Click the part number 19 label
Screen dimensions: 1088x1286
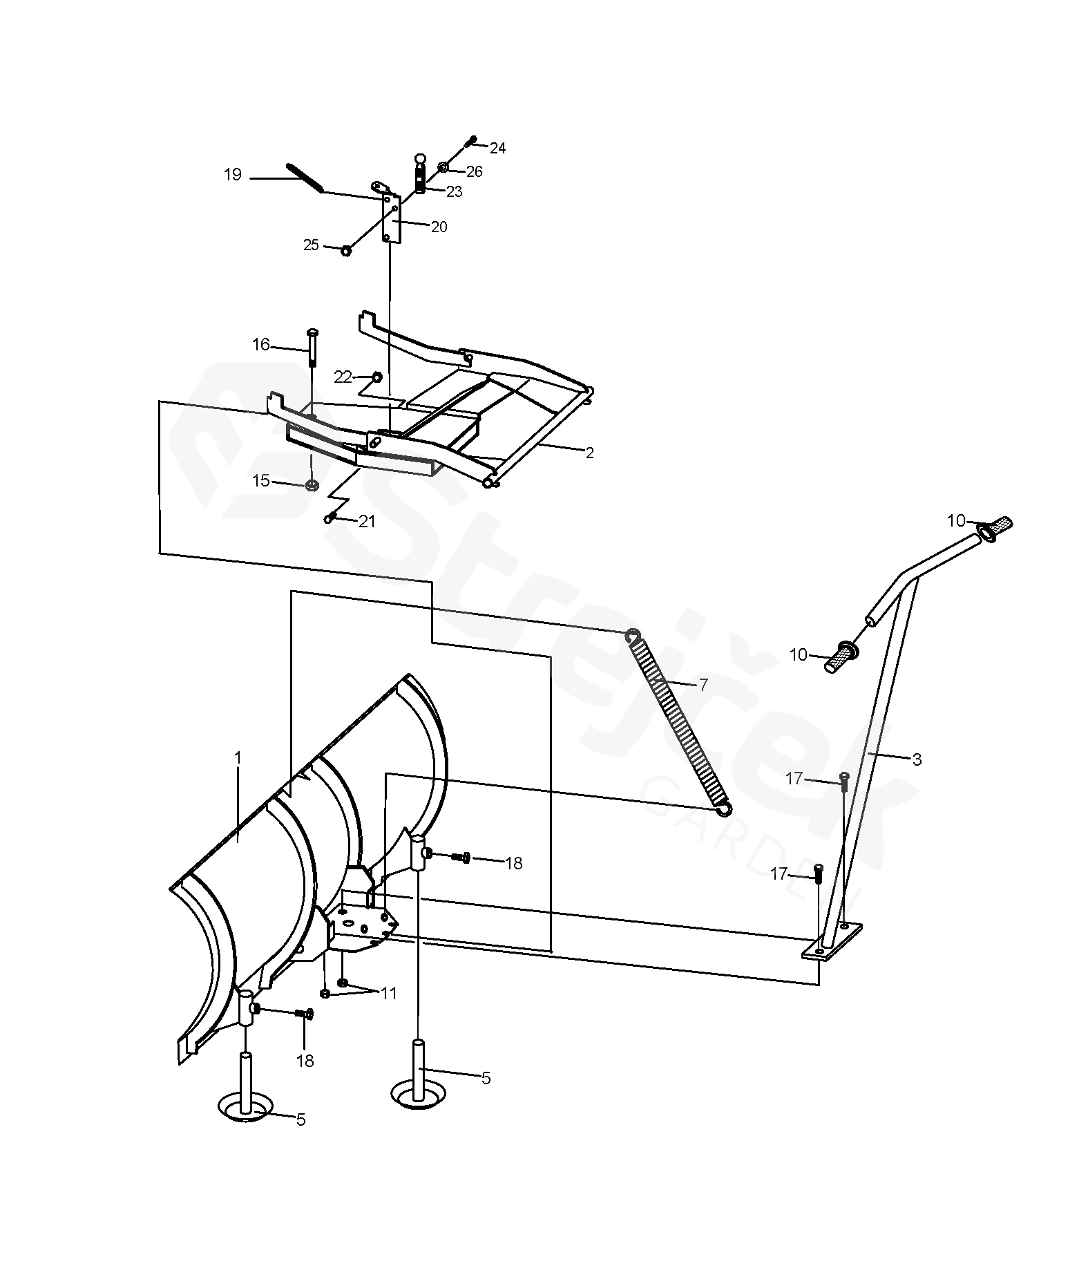click(x=233, y=175)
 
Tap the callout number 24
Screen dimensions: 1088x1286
click(x=497, y=148)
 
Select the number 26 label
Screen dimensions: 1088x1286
click(x=474, y=171)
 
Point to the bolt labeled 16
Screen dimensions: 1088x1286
click(x=312, y=348)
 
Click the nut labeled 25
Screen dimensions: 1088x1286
click(x=346, y=250)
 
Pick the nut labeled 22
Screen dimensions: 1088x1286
click(x=377, y=377)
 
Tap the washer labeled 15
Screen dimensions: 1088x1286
click(x=312, y=484)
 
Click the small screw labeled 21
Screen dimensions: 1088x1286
click(x=330, y=518)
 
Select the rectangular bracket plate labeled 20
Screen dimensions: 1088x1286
click(x=392, y=218)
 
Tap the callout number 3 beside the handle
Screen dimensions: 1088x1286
click(x=917, y=760)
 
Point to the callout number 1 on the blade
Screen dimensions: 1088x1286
click(x=238, y=758)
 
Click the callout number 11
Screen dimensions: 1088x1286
click(x=389, y=993)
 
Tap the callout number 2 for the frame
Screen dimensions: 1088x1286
click(x=589, y=453)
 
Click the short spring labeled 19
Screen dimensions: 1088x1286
click(x=305, y=177)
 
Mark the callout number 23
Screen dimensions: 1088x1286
click(x=454, y=192)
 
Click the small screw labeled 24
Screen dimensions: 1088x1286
click(x=471, y=141)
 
